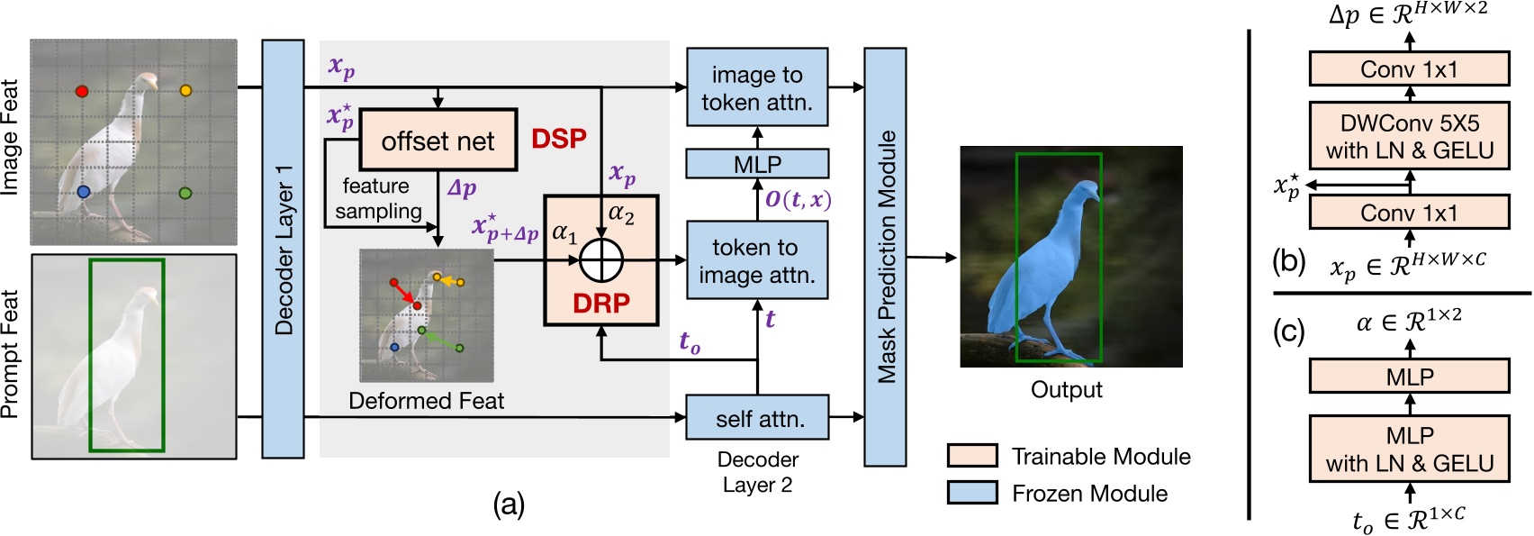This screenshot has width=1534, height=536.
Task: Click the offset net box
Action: click(x=438, y=141)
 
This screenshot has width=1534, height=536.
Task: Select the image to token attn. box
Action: click(x=756, y=87)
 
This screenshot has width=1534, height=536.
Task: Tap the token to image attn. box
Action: click(x=756, y=260)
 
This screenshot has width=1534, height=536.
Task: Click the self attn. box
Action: click(x=756, y=418)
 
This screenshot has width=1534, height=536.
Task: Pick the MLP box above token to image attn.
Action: click(x=756, y=164)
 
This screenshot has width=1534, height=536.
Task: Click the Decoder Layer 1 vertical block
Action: click(x=283, y=249)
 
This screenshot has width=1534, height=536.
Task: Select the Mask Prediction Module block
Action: click(x=885, y=257)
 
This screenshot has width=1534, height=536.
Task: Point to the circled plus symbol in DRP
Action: click(x=601, y=261)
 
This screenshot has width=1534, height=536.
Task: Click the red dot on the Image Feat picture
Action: click(x=82, y=91)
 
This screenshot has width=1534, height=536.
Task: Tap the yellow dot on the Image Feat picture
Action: click(x=185, y=90)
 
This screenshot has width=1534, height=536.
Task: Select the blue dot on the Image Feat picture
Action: click(x=84, y=192)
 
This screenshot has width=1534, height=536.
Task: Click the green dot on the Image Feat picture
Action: click(x=185, y=193)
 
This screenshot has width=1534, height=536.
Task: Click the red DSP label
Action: click(x=558, y=139)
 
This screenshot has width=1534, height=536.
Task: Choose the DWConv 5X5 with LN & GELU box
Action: click(x=1409, y=136)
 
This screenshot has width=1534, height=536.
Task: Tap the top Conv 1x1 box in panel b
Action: click(x=1409, y=69)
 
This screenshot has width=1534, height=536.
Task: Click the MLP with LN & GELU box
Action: click(x=1409, y=449)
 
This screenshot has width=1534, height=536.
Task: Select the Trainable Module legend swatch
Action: click(x=971, y=456)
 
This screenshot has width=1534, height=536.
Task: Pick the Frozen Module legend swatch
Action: click(x=971, y=493)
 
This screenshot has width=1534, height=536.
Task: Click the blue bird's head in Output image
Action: click(x=1087, y=192)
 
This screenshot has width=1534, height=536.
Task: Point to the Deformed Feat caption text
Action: click(x=426, y=401)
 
